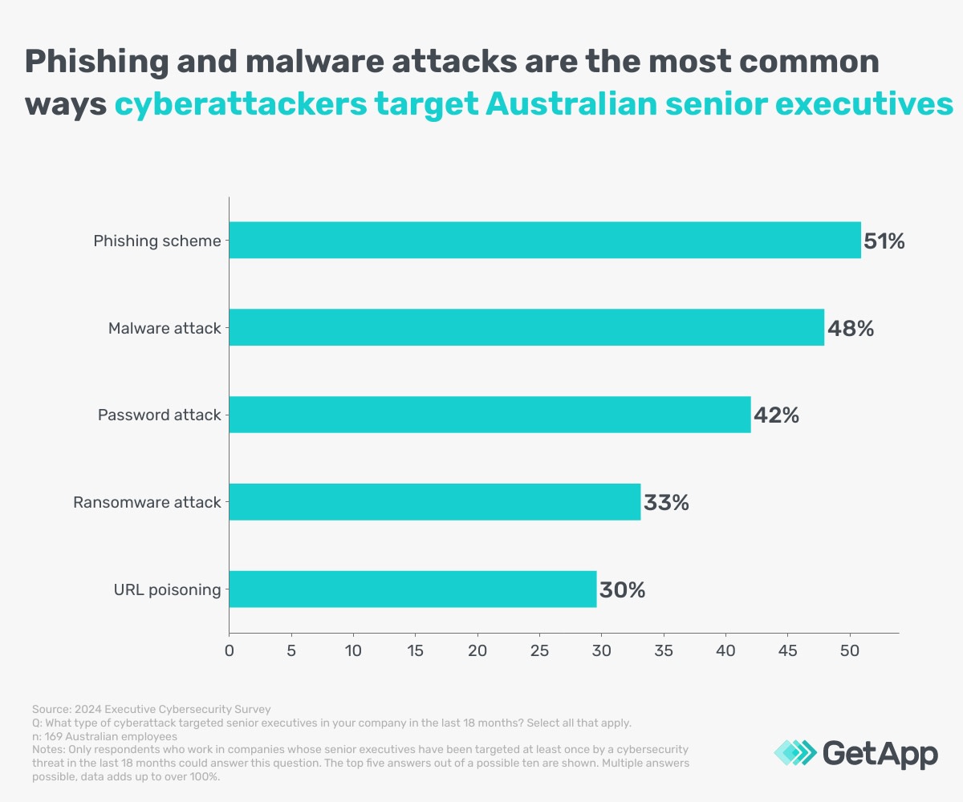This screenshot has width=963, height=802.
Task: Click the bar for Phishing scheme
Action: point(545,240)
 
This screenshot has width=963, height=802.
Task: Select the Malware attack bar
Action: point(526,327)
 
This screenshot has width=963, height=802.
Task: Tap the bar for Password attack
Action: point(490,415)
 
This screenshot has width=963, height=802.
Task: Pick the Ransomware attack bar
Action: point(434,502)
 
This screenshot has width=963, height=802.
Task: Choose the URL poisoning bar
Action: point(412,589)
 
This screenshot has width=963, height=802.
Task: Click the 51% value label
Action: point(884,241)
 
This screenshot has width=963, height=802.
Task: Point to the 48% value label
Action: point(851,328)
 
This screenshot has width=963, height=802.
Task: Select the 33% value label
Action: point(666,503)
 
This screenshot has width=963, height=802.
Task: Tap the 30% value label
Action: point(623,590)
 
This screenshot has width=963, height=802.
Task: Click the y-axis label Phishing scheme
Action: point(157,241)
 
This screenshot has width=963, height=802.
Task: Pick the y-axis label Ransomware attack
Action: point(147,503)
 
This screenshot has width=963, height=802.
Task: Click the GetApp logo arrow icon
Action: point(793,753)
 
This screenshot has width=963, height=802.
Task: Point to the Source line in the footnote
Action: point(152,709)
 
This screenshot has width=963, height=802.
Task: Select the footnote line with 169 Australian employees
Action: point(104,736)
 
